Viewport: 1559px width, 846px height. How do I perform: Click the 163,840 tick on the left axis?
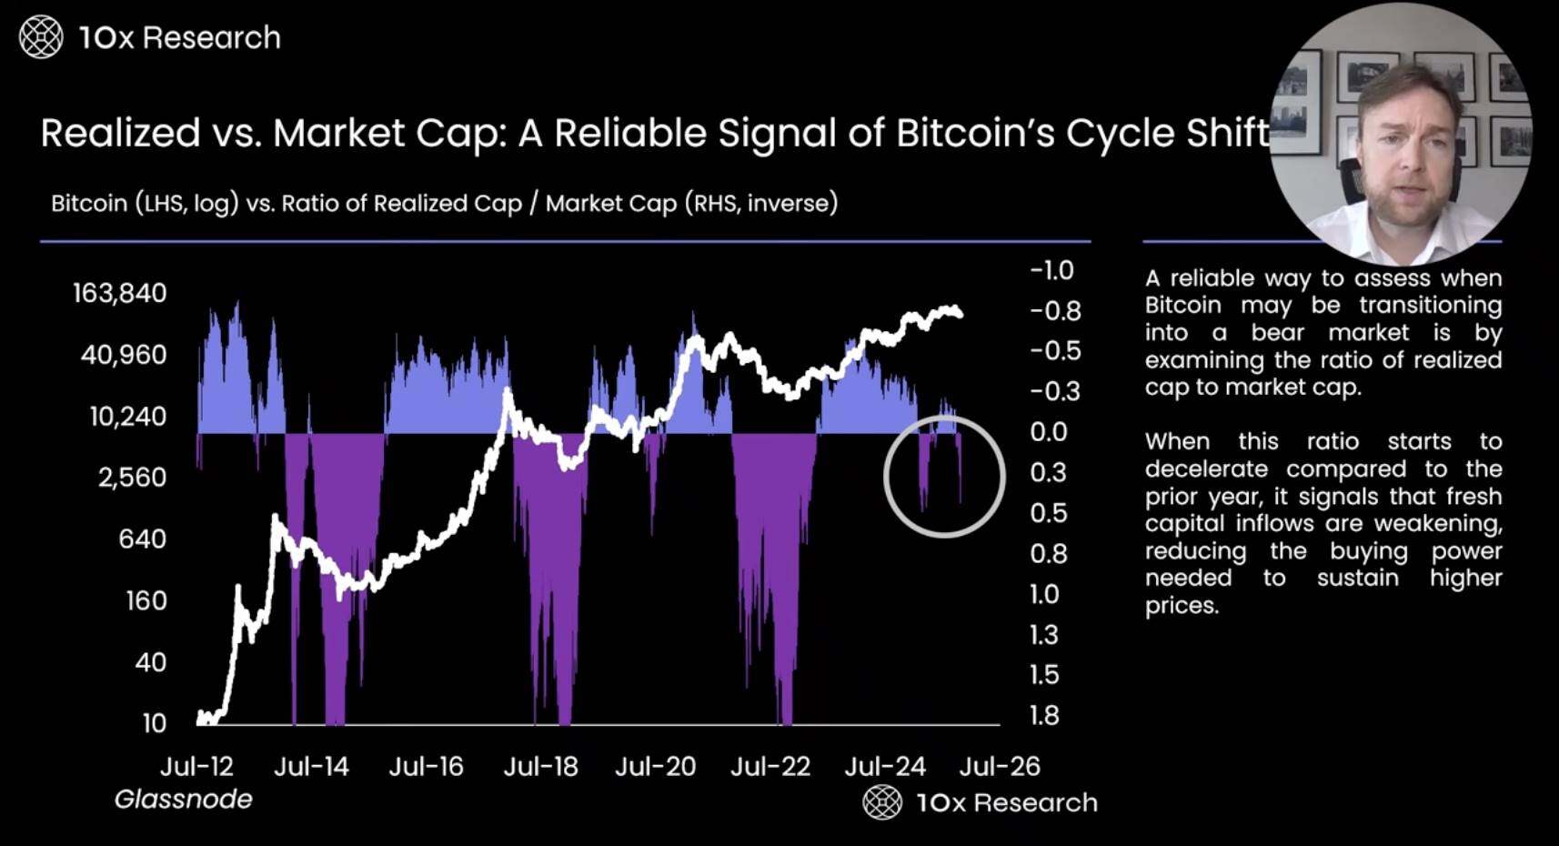point(119,293)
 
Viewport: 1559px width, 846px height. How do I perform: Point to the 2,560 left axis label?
point(132,478)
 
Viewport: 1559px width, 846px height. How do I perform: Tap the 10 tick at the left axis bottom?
point(155,723)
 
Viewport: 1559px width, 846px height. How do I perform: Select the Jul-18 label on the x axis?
point(540,767)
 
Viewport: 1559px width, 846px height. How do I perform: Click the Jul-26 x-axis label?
point(999,767)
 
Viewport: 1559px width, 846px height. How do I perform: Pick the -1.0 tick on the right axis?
point(1051,270)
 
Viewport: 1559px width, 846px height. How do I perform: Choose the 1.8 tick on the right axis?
point(1044,716)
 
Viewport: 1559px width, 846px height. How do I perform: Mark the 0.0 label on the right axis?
point(1048,432)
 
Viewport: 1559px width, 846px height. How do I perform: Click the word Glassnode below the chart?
point(183,800)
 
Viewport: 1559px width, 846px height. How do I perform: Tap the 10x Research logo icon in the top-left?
point(41,37)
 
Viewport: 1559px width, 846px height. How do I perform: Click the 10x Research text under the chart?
point(1006,802)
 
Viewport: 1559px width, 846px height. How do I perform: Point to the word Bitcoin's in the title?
point(975,134)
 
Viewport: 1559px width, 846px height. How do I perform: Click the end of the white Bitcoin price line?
point(961,314)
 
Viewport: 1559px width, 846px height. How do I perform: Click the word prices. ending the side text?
point(1181,606)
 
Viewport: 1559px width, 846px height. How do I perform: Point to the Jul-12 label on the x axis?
point(196,767)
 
